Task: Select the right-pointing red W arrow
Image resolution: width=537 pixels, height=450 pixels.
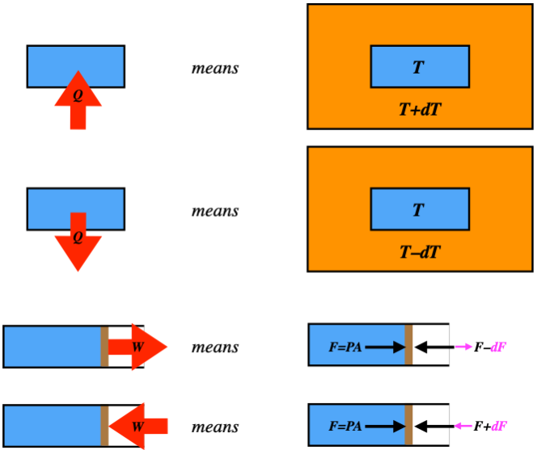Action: tap(137, 347)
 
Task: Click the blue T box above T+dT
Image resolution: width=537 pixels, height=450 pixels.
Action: tap(420, 66)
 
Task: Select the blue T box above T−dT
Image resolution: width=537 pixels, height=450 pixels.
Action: tap(420, 208)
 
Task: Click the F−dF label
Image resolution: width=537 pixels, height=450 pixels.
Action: tap(490, 347)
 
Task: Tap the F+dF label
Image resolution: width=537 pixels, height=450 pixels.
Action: tap(490, 426)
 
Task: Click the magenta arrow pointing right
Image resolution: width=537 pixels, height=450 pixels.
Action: tap(463, 347)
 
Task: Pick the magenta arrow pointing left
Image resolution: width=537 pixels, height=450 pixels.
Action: tap(463, 426)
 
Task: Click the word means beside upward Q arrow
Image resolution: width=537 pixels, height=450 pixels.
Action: tap(215, 68)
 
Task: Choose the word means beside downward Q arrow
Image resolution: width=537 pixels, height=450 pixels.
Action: tap(215, 211)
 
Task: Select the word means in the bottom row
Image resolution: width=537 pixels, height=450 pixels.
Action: tap(215, 427)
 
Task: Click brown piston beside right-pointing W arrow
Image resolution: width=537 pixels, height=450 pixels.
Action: tap(104, 347)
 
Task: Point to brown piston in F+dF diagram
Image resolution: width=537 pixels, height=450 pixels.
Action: tap(408, 426)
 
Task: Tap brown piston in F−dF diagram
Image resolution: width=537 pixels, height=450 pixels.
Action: tap(408, 347)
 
